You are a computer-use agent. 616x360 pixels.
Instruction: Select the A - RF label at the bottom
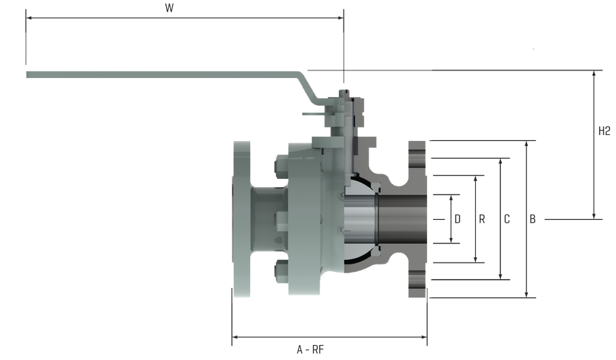(x=312, y=351)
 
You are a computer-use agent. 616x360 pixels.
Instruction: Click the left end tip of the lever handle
(x=27, y=73)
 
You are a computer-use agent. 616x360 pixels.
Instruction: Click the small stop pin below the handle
(x=309, y=117)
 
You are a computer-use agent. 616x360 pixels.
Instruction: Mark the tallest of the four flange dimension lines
(x=527, y=218)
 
